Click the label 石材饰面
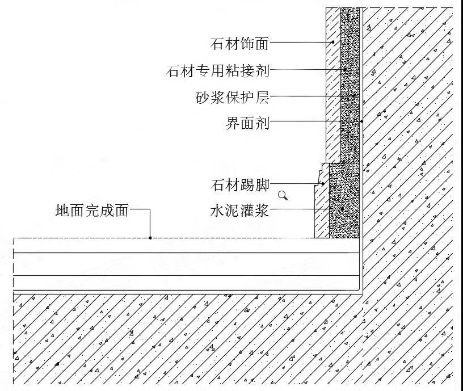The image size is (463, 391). pos(239,43)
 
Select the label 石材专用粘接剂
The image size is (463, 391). pos(218,70)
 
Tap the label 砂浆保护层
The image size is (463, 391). pos(233,97)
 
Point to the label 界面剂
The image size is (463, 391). pos(247,123)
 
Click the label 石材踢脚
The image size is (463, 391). pos(240,185)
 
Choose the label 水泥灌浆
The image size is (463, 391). pos(239,211)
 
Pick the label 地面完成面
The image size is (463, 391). pos(92,211)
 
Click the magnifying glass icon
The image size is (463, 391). pos(283,195)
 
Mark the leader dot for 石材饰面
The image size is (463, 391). pos(332,42)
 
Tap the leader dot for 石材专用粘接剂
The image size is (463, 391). pos(345,70)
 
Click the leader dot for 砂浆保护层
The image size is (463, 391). pos(353,96)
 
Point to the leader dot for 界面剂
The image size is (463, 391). pos(361,121)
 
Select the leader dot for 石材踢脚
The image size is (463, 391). pos(323,184)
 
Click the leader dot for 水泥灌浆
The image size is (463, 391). pos(343,209)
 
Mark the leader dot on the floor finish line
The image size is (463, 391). pos(150,238)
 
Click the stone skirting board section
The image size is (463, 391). pos(322,207)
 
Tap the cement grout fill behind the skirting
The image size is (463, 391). pos(344,200)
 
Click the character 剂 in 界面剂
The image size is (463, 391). pos(262,123)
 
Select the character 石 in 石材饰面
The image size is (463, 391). pos(217,43)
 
